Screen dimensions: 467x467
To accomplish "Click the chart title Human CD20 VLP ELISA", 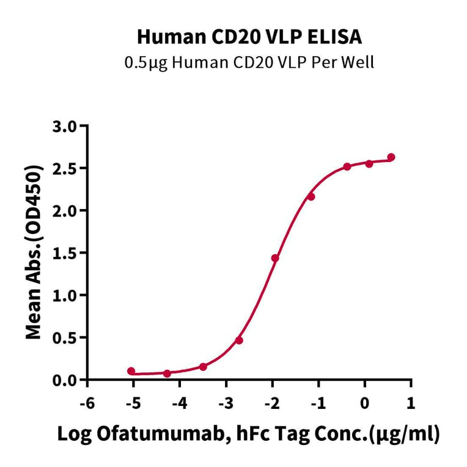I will coord(249,37).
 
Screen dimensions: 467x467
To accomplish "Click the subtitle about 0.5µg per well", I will coord(249,62).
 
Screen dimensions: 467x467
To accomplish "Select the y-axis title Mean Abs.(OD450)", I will coord(35,252).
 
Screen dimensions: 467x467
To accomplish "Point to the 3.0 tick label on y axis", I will coord(65,127).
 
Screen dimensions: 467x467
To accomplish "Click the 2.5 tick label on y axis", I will coord(65,169).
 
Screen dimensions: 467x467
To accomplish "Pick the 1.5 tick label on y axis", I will coord(65,253).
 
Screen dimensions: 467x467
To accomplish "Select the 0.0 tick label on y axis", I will coord(65,380).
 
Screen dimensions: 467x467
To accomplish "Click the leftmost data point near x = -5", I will coord(131,371).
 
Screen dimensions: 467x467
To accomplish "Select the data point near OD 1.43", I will coord(275,258).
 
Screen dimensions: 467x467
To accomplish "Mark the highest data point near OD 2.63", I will coord(391,157).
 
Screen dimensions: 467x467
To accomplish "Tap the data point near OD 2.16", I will coord(311,196).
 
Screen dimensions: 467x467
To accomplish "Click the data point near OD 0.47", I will coord(239,340).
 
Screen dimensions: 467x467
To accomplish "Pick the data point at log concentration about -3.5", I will coord(203,367).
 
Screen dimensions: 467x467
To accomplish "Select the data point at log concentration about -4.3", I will coord(167,373).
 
